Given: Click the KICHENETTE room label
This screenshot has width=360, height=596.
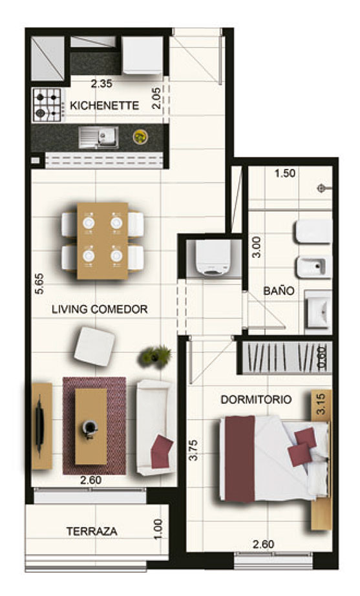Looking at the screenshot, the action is [x=104, y=105].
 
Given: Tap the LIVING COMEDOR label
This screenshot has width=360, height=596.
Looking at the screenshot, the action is [x=100, y=310].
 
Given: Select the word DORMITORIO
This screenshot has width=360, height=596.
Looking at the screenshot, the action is [x=256, y=399].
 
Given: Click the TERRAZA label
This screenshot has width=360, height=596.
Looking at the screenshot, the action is [x=92, y=531].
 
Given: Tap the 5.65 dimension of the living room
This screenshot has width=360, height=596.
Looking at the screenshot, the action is [x=39, y=284].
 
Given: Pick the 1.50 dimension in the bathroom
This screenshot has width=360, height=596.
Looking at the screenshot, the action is [x=285, y=173].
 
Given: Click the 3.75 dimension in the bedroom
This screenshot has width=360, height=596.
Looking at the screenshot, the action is [x=193, y=450].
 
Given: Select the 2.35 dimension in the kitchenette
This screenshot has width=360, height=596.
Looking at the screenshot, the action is [x=101, y=83].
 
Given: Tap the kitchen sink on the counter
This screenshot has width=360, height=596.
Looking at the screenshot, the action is [x=98, y=137].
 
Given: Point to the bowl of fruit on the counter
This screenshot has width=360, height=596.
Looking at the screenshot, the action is [x=140, y=137].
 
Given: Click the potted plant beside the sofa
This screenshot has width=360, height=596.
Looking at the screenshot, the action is [x=156, y=356].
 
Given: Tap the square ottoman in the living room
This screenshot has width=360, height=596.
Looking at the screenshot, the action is [x=94, y=346].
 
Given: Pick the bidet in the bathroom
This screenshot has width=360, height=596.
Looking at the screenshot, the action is [x=313, y=267].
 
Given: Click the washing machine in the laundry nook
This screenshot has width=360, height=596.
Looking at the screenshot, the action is [x=213, y=258].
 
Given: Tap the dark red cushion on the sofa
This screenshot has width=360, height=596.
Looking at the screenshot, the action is [x=162, y=451].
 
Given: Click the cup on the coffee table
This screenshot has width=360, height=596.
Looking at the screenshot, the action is [x=90, y=428].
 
